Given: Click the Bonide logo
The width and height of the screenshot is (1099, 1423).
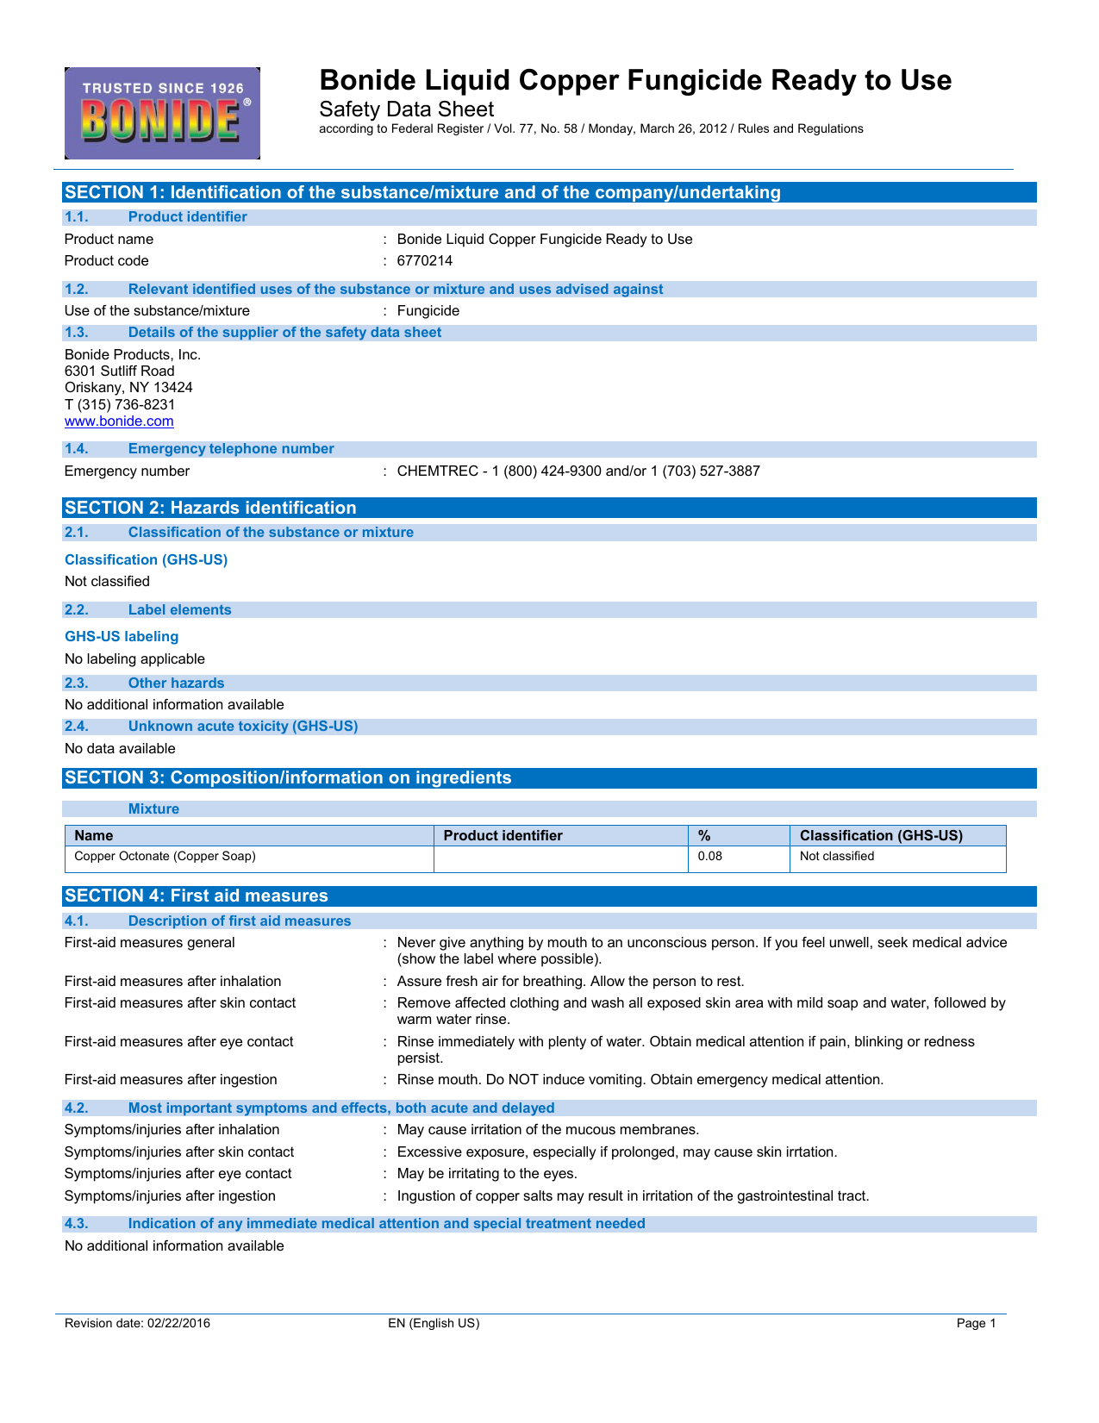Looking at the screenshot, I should [162, 113].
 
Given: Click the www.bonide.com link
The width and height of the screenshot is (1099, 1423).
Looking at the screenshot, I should [119, 421].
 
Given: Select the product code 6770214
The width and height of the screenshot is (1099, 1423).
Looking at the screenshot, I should [424, 261].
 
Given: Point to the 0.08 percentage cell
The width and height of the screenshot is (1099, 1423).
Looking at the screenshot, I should [709, 857].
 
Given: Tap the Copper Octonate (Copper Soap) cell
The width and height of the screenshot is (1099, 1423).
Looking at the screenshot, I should [165, 857].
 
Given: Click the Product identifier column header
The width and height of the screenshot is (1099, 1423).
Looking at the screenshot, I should [503, 836].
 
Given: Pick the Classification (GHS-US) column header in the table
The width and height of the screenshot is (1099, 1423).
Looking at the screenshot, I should [881, 836].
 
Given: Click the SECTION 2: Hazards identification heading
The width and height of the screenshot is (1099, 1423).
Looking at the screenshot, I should [210, 509].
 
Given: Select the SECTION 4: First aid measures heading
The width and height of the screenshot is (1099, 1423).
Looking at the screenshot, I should [197, 896].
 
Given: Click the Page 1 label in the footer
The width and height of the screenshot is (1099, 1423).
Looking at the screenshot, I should [976, 1324].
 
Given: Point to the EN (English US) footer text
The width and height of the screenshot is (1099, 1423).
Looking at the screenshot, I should [434, 1324].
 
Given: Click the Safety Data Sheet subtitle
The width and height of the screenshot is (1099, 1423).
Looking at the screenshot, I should [406, 109].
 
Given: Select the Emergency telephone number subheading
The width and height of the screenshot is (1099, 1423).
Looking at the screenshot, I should [231, 449].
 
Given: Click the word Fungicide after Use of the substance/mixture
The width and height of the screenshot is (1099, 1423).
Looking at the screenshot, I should [428, 311].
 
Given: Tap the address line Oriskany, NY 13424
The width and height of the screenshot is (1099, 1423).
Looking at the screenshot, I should [128, 388].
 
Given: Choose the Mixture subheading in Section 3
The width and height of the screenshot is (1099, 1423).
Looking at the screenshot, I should [153, 809].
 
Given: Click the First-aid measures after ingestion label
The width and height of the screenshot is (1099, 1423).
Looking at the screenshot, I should [171, 1080].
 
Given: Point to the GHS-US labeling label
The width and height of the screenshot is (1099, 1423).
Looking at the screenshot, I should [122, 637].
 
